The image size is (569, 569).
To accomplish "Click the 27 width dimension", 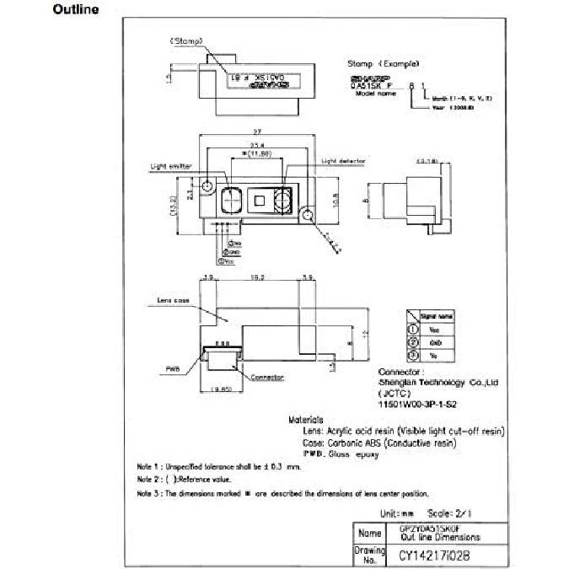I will point(255,132).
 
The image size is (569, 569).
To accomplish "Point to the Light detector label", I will point(341,160).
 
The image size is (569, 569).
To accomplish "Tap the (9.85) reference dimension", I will point(220,389).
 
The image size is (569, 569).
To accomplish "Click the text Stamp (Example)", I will point(384,64).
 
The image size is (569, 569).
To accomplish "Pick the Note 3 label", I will point(150,493).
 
